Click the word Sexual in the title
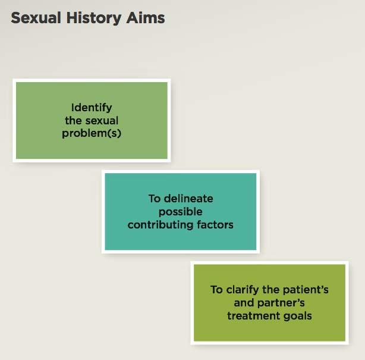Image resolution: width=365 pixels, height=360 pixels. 36,18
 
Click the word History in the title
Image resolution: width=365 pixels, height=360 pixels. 94,18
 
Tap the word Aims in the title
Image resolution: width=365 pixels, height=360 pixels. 146,18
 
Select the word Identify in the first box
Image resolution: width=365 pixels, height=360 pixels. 92,108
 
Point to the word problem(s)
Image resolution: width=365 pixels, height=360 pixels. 92,133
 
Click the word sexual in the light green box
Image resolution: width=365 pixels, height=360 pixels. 102,120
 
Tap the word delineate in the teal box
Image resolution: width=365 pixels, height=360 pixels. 188,199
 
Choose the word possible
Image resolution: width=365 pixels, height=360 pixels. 180,212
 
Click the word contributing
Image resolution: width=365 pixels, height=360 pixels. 161,225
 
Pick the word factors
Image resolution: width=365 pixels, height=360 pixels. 215,224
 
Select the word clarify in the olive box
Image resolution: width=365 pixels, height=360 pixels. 243,290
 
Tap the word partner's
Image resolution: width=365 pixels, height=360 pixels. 281,303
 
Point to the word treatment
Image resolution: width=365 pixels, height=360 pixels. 253,316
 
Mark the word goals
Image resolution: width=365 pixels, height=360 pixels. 297,317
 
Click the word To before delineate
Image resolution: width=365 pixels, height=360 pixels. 155,199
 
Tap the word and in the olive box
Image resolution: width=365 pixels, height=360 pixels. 244,303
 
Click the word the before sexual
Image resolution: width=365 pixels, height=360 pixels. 73,120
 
